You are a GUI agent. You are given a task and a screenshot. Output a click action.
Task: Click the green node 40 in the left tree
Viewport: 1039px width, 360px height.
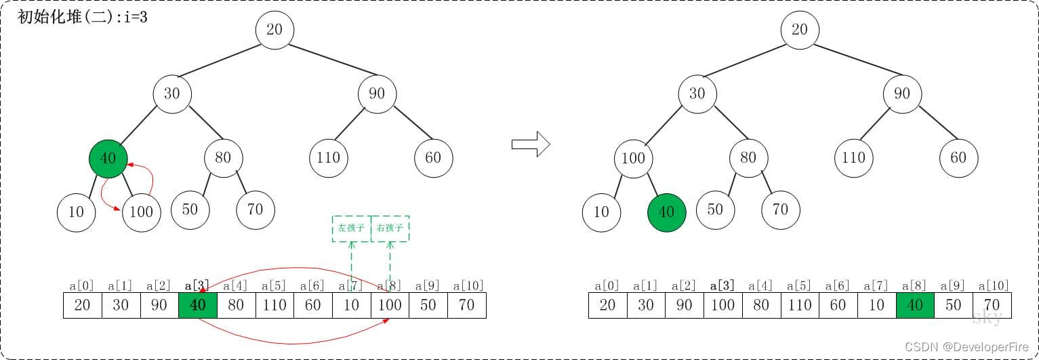click(108, 159)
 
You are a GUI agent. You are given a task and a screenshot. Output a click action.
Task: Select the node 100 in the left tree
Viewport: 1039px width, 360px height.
click(141, 212)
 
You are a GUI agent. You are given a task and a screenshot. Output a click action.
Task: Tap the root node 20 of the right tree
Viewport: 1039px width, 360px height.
click(800, 30)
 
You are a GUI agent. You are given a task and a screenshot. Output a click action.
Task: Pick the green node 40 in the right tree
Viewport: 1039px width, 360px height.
click(667, 212)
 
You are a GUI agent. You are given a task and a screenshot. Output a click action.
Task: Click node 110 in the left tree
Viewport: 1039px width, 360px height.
click(328, 158)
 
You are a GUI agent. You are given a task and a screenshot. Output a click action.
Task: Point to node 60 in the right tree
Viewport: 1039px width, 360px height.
click(958, 158)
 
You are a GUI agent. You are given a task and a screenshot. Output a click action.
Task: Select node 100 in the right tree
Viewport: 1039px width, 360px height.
click(633, 159)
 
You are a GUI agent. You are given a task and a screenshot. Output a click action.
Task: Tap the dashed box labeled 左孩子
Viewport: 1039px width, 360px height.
click(351, 228)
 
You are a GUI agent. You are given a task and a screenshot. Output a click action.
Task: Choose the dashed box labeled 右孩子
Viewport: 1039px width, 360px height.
click(390, 228)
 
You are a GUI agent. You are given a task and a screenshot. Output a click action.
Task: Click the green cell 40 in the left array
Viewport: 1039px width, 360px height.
click(197, 305)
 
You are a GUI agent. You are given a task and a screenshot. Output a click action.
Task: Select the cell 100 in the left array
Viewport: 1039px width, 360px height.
click(390, 305)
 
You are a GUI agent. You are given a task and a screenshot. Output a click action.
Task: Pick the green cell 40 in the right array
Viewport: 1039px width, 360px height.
click(914, 305)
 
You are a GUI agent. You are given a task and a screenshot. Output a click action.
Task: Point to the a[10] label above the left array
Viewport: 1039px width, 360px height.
click(468, 285)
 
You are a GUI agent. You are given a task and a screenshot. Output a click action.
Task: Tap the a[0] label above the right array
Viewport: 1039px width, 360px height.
click(607, 285)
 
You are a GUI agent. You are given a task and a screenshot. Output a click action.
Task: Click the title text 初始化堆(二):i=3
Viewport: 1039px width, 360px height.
click(83, 18)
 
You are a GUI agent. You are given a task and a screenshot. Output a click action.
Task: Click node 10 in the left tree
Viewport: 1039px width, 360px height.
click(76, 212)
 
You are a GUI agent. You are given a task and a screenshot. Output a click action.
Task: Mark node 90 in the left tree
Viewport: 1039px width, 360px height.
click(377, 93)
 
